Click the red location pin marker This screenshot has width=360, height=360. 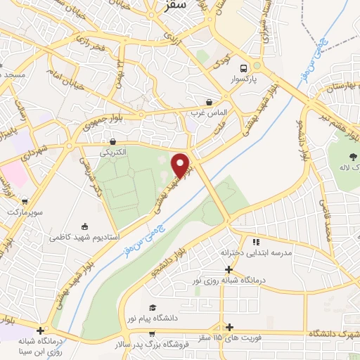point(181,166)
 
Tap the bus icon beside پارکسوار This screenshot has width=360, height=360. point(243,68)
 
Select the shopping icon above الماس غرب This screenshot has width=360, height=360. point(209,101)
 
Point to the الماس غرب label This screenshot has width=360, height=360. point(206,112)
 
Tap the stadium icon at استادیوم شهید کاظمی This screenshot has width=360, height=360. point(85,226)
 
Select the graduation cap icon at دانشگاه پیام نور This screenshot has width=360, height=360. point(153,307)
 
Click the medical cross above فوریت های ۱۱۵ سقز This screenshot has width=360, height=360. point(230,327)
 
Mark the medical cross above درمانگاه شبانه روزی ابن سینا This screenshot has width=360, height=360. point(41,330)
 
